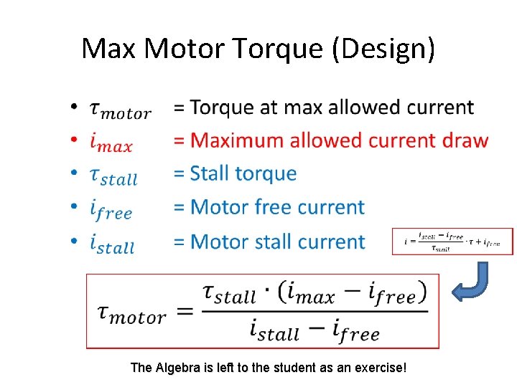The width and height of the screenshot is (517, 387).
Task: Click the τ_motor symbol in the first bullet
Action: coord(119,110)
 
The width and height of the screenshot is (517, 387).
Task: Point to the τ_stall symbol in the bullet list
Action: coord(113,176)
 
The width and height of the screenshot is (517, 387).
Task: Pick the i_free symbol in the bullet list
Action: coord(111,209)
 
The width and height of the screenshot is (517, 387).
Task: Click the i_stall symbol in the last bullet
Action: coord(113,244)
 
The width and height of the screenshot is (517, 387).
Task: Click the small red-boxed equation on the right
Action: coord(454,242)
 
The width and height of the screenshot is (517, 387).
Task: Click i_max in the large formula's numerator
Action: coord(316,293)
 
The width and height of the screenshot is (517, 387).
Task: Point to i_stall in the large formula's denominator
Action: coord(275,330)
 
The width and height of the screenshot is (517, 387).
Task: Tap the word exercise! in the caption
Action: coord(380,368)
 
